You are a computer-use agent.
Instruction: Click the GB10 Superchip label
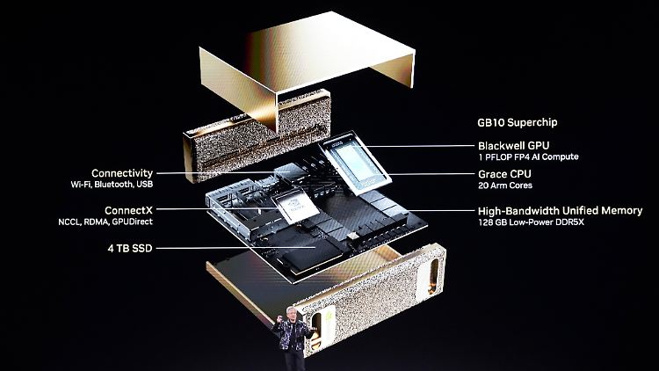[517, 123]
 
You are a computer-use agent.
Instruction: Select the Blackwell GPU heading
[514, 146]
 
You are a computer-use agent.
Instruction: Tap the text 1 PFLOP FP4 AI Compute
[528, 156]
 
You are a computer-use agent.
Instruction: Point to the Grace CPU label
[504, 174]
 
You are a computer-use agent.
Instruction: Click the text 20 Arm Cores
[505, 185]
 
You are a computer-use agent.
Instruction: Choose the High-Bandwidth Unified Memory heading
[561, 211]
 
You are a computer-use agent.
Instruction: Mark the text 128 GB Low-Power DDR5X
[531, 222]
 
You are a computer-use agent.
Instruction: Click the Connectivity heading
[122, 173]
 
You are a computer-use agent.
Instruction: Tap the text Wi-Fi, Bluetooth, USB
[112, 185]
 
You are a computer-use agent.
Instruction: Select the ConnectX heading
[128, 210]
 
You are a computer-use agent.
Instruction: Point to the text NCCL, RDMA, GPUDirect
[105, 222]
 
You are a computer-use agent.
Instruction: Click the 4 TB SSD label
[130, 248]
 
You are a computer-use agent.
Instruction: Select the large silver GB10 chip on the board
[355, 164]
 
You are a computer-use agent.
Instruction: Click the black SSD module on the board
[312, 254]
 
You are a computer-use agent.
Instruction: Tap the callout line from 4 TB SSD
[235, 248]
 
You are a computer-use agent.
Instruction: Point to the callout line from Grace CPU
[431, 174]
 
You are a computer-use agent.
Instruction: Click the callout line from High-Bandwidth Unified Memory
[441, 211]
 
